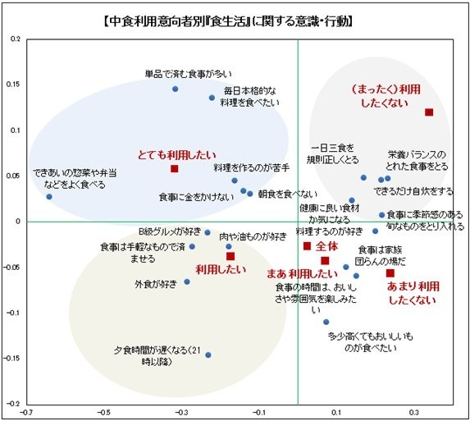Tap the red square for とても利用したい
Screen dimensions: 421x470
coord(174,168)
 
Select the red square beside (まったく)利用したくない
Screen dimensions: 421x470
coord(428,112)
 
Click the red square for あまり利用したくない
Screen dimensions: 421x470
coord(390,272)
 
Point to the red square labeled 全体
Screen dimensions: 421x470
coord(308,245)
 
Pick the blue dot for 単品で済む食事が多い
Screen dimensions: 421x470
coord(176,89)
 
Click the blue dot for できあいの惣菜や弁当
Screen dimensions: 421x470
coord(49,196)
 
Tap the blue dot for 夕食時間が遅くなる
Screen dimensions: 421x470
coord(208,355)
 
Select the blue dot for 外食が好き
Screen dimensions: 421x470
coord(187,281)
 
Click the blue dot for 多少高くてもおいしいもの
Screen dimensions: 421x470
coord(326,322)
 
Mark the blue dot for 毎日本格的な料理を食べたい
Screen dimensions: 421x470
coord(212,98)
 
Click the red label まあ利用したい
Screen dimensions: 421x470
coord(303,273)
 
